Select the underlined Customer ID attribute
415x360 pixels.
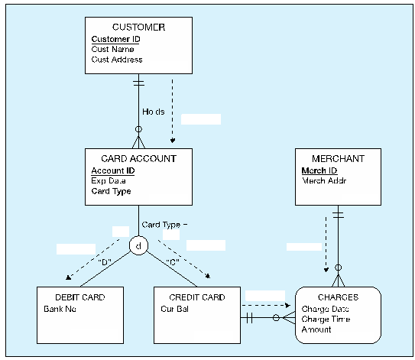(x=115, y=39)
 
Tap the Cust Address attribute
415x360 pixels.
(x=117, y=60)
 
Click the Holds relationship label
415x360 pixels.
(x=153, y=112)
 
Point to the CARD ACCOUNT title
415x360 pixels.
(x=138, y=159)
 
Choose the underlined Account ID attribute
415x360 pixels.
(x=112, y=170)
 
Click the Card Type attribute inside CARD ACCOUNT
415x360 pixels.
(x=111, y=191)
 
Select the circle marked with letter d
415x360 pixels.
(x=138, y=246)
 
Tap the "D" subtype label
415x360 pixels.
(x=105, y=262)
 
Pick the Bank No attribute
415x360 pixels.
(x=60, y=310)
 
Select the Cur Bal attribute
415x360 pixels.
(x=175, y=310)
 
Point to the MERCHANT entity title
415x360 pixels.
(x=338, y=159)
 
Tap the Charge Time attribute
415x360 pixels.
(x=326, y=319)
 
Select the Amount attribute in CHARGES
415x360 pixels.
(x=316, y=329)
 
